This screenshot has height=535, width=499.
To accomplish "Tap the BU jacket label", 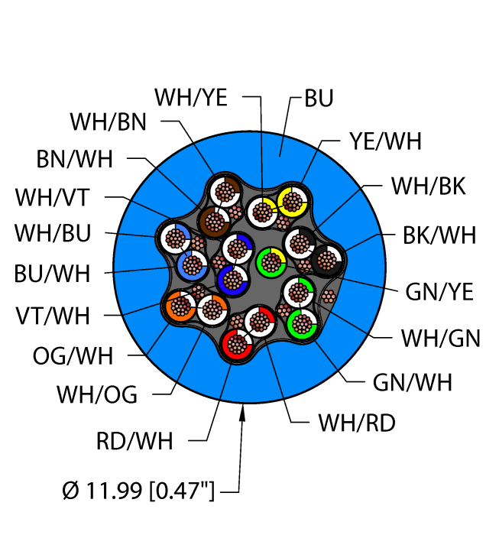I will pos(319,99).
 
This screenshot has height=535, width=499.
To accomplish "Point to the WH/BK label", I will pos(427,186).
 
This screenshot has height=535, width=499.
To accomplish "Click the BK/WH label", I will pos(439,235).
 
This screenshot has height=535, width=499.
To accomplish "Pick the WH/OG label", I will pos(98,394).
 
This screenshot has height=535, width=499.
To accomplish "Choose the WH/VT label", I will pos(52,197).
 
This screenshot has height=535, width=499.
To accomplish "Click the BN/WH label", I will pos(75,159).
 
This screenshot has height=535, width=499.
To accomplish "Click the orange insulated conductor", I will pos(180,306).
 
